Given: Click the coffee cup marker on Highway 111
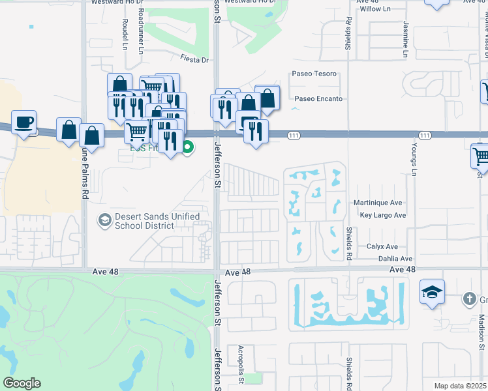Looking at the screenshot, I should pos(23,123).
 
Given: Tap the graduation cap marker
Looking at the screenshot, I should pos(432,293).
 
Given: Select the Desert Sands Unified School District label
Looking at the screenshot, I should pos(145,221).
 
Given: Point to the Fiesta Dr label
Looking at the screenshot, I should pos(194,60).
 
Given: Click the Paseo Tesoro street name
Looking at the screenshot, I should pos(314,74).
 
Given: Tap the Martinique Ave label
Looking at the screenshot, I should pos(378,203).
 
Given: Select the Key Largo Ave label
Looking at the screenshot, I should pos(382,215).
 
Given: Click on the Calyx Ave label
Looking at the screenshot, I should pos(382,246).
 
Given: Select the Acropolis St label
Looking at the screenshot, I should pos(241,360).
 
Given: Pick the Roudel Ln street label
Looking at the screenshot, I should pos(125,30).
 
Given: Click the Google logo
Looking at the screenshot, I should pos(22,383).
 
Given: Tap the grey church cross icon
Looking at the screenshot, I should pos(468,299).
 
